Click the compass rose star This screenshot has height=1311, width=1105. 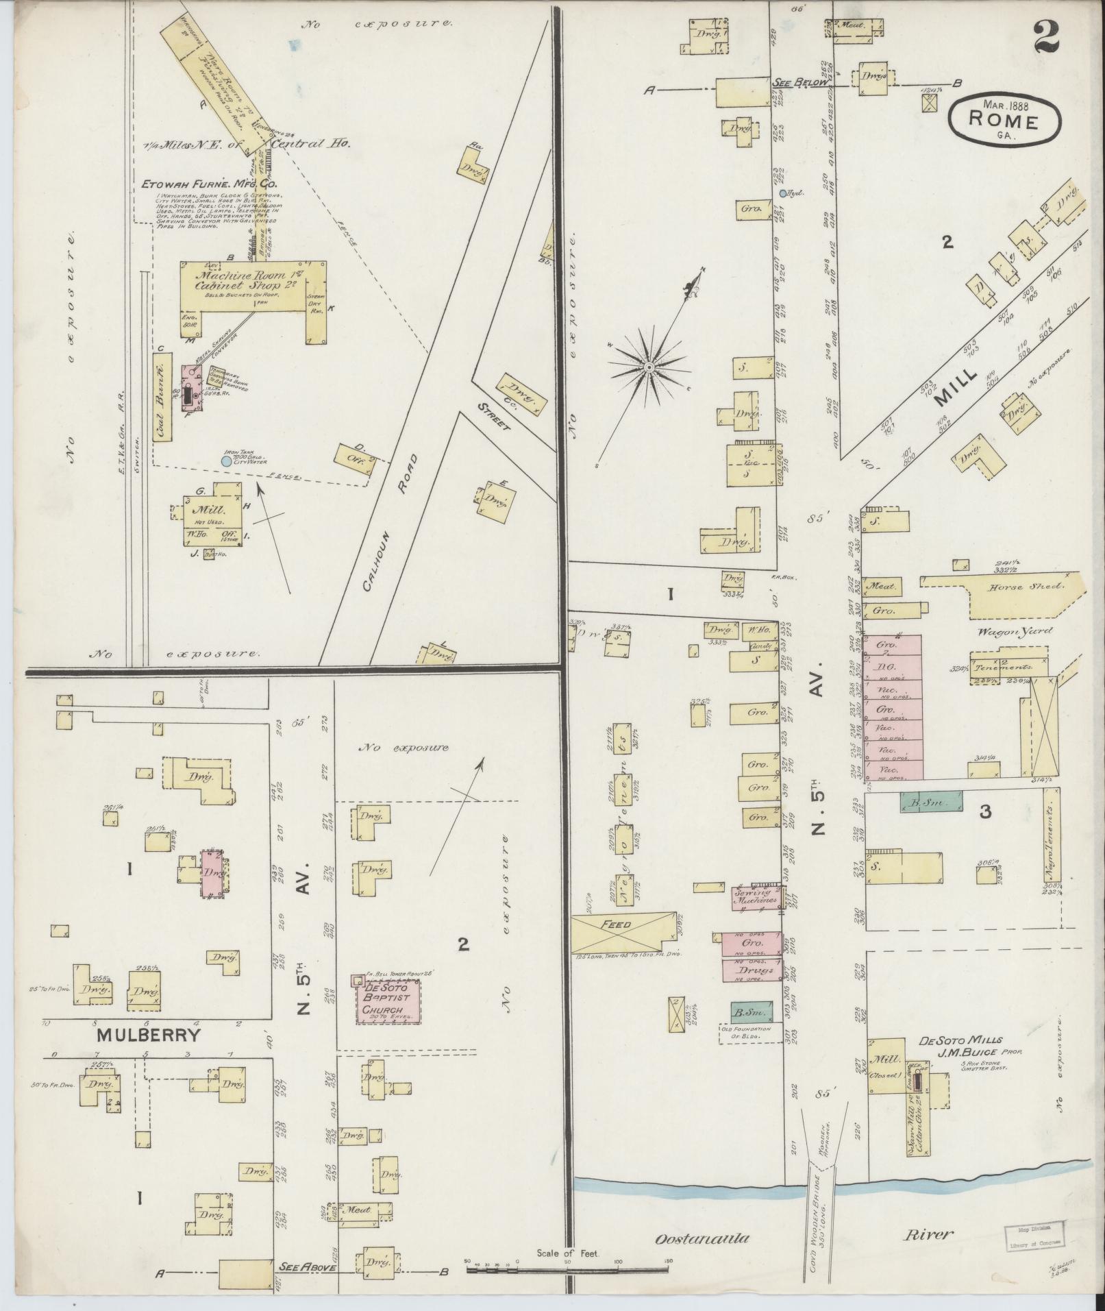pos(647,369)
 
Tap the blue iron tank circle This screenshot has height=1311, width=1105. pos(226,462)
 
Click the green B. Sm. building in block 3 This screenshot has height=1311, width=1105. pos(930,802)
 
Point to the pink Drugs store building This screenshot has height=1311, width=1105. pos(752,970)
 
